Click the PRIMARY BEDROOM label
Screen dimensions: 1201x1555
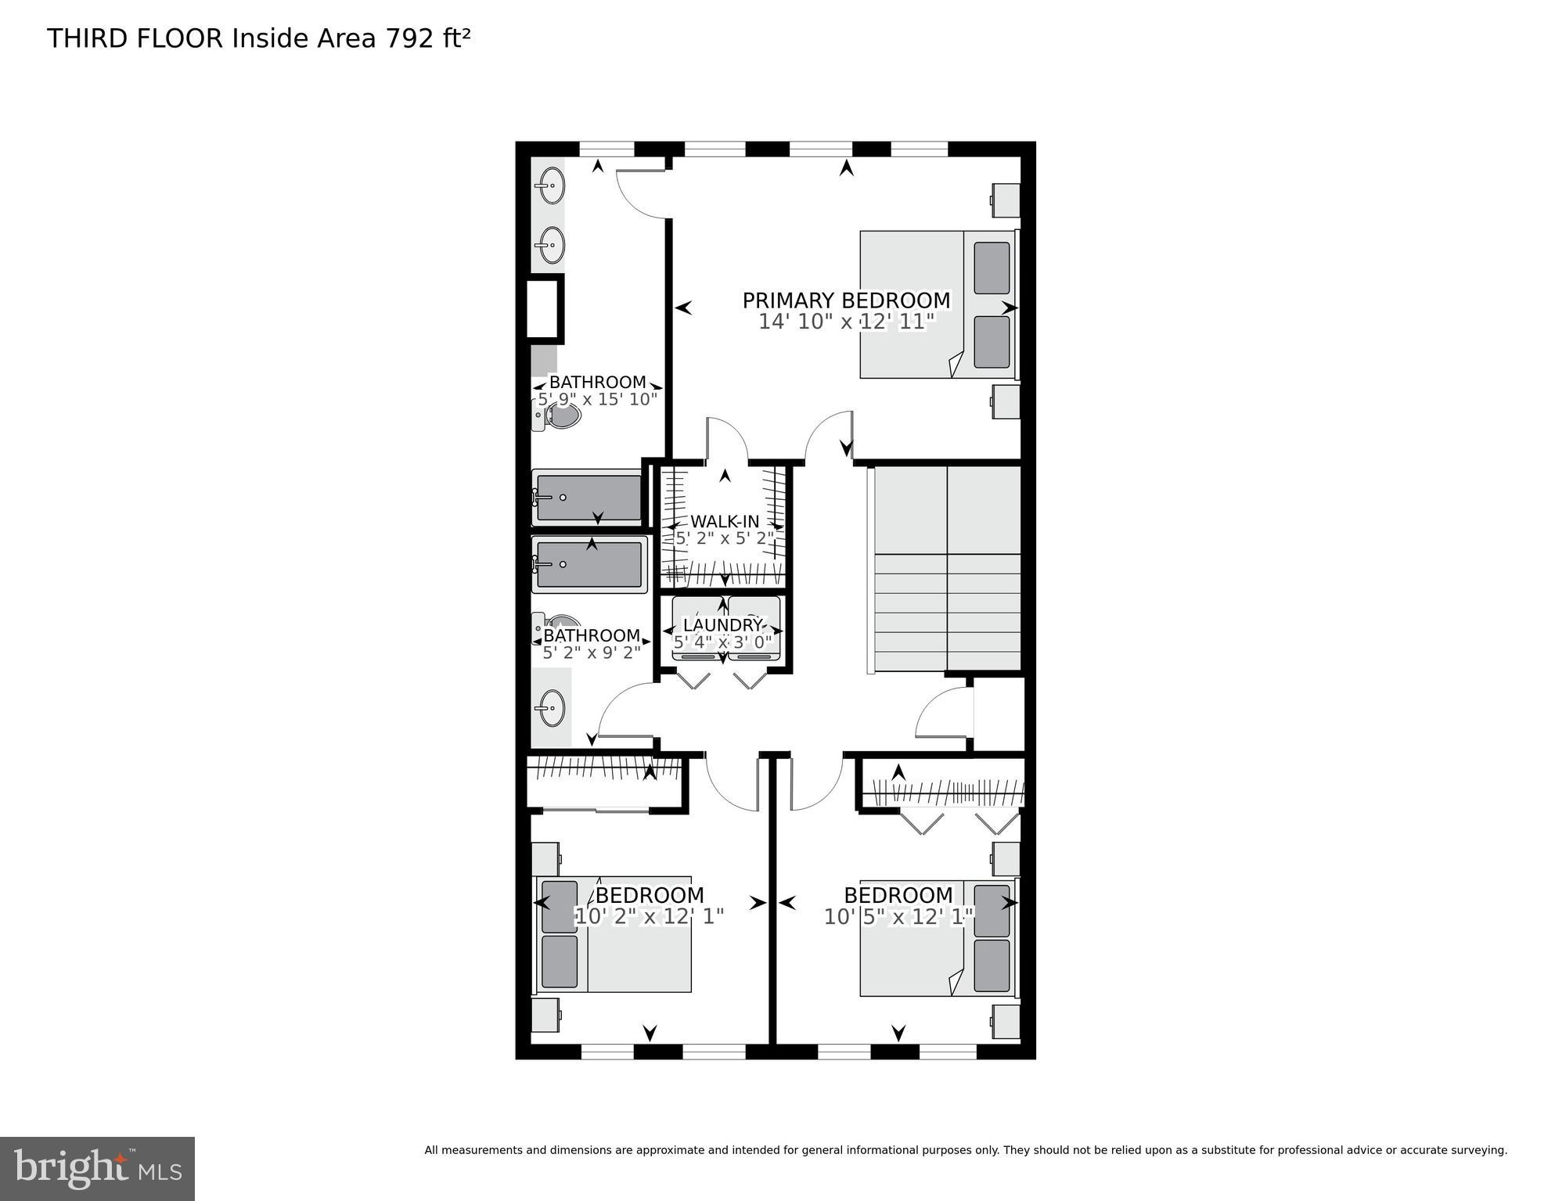pyautogui.click(x=846, y=300)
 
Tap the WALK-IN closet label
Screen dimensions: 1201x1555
pyautogui.click(x=724, y=521)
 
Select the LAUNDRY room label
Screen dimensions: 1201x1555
pyautogui.click(x=722, y=625)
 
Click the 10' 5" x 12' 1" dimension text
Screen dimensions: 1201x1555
pyautogui.click(x=898, y=916)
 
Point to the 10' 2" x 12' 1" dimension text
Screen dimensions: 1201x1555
pyautogui.click(x=650, y=916)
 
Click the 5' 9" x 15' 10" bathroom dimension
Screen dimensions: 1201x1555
pyautogui.click(x=597, y=399)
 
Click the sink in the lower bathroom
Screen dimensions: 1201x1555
pyautogui.click(x=551, y=707)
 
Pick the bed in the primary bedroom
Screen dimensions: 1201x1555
pyautogui.click(x=938, y=304)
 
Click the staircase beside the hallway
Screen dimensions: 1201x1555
pyautogui.click(x=946, y=569)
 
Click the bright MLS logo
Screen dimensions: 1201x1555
pyautogui.click(x=97, y=1168)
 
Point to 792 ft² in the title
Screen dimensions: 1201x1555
pyautogui.click(x=427, y=38)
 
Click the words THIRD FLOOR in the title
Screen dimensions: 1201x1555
pyautogui.click(x=135, y=38)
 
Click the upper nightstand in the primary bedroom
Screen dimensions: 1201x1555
pyautogui.click(x=1006, y=200)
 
